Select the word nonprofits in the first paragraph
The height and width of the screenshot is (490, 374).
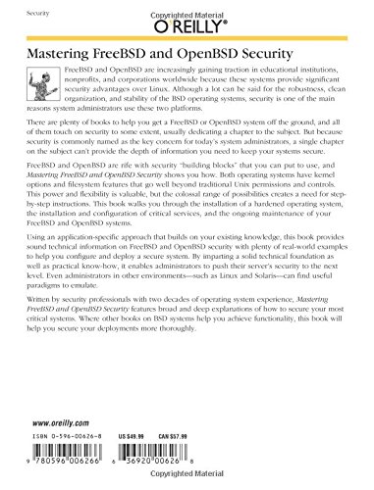80,84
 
